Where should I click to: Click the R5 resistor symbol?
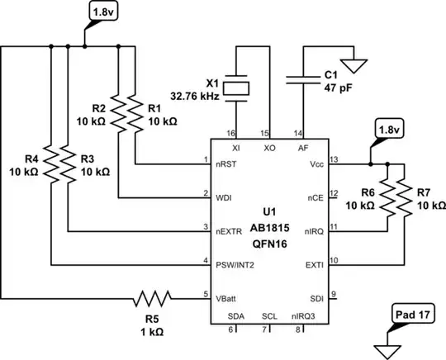click(x=154, y=296)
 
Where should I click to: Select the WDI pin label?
click(x=224, y=197)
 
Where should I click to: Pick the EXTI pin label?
click(x=313, y=265)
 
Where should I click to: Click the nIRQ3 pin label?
click(x=302, y=315)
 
